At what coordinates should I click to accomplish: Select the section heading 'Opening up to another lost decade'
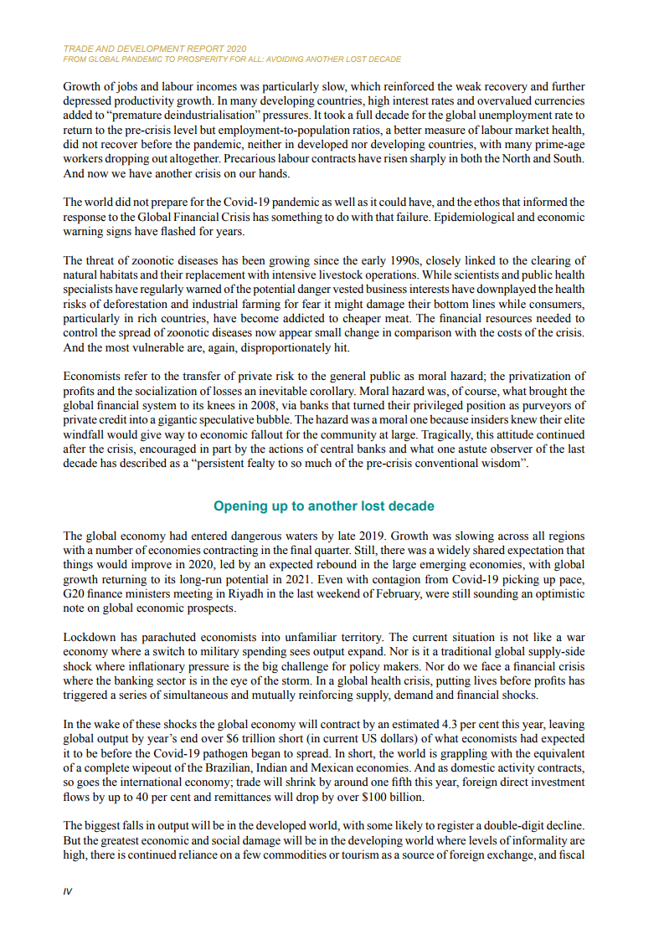coord(324,506)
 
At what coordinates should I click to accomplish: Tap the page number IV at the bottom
coord(68,891)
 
